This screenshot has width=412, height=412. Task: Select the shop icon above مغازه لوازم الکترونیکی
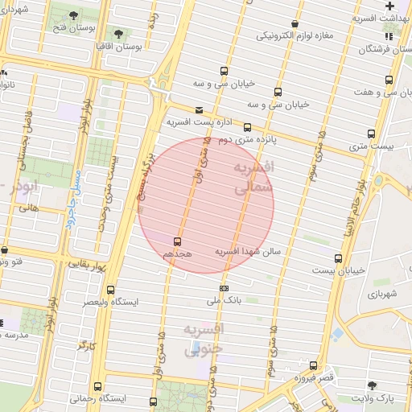(295, 23)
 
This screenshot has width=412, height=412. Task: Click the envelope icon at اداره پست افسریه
(200, 110)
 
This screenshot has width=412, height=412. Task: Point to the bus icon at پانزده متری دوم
(247, 126)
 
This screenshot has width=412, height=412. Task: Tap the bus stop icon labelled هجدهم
(177, 241)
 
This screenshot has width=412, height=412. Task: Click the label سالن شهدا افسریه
(247, 252)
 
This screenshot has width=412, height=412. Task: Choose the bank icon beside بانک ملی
(224, 288)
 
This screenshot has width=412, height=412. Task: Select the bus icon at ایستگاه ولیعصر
(110, 290)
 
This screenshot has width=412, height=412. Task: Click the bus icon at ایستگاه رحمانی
(97, 386)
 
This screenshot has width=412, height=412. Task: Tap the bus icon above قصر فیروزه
(312, 365)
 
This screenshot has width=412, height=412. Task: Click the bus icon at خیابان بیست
(337, 258)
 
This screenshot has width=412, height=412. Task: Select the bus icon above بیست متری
(372, 134)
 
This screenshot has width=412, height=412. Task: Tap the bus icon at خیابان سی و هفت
(389, 80)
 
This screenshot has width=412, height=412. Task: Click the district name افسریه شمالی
(252, 176)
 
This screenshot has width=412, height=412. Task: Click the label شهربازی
(381, 294)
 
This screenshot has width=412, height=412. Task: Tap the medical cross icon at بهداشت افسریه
(389, 6)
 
